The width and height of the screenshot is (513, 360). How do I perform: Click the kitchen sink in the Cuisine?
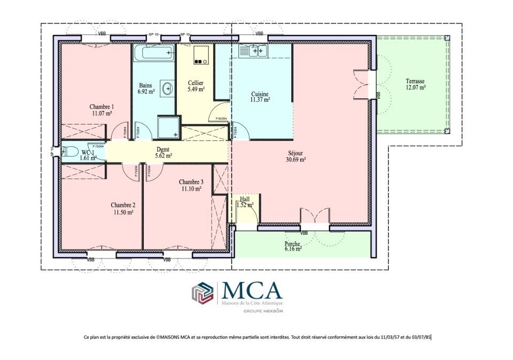253,51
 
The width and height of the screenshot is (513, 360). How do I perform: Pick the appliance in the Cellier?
200,55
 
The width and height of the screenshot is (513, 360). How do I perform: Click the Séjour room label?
296,152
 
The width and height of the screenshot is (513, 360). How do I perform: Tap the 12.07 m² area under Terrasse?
415,87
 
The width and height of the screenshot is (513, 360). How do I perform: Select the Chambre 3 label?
191,182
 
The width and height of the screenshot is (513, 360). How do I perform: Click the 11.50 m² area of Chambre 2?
123,212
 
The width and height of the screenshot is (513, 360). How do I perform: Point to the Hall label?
245,199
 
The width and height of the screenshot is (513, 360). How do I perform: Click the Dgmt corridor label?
164,149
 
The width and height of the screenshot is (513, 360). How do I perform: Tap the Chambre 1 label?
102,106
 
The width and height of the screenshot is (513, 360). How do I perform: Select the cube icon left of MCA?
203,293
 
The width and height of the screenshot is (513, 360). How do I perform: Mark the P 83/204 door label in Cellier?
221,119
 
